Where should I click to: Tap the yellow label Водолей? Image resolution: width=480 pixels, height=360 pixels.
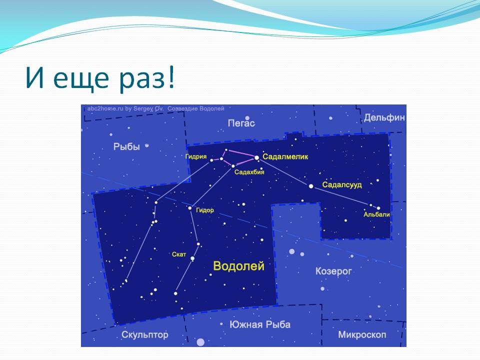[x=238, y=266]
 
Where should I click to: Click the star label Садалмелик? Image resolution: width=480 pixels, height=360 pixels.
[x=285, y=156]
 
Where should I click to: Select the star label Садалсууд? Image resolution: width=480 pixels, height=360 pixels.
[x=342, y=185]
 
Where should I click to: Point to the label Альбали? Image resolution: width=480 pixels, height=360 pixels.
[x=376, y=214]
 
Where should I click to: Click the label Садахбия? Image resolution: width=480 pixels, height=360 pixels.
[x=249, y=172]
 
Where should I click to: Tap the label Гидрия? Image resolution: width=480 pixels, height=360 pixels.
[x=196, y=156]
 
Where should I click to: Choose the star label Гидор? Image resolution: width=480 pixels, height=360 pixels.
[x=205, y=210]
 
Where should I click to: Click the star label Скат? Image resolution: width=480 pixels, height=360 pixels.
[x=179, y=254]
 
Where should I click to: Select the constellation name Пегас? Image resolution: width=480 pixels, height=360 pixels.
[x=241, y=123]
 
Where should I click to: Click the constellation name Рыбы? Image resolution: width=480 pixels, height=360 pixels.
[x=126, y=147]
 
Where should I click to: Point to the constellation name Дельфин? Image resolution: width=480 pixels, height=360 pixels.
[x=384, y=117]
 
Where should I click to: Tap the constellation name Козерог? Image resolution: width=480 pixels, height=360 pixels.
[x=333, y=271]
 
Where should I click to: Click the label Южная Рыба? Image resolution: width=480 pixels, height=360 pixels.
[x=260, y=324]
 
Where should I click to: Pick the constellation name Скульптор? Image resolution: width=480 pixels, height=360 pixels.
[x=145, y=335]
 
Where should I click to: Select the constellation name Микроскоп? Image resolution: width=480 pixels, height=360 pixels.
[x=362, y=335]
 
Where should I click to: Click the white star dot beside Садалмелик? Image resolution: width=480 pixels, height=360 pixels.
[x=257, y=157]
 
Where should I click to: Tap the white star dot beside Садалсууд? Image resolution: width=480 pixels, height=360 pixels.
[x=311, y=186]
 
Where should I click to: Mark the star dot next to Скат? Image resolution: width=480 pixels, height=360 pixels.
[x=192, y=258]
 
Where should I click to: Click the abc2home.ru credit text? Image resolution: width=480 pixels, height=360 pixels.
[x=125, y=108]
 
